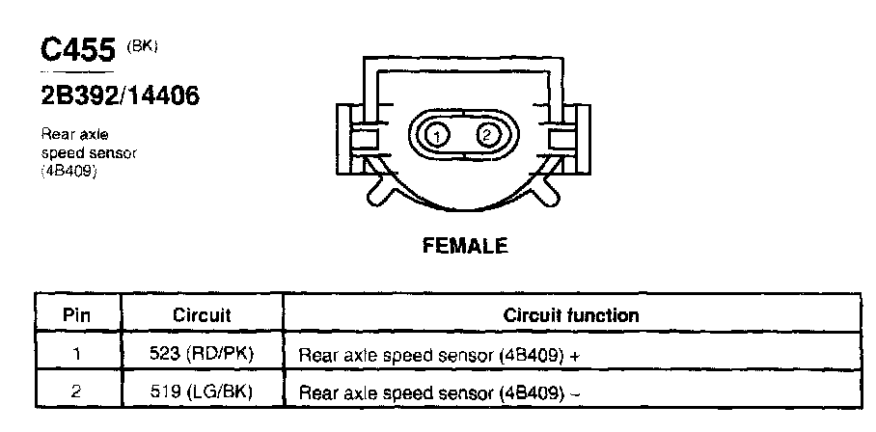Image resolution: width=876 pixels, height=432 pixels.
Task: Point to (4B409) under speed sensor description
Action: pos(70,171)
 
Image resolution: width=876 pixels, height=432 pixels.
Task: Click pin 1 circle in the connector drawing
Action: pos(438,135)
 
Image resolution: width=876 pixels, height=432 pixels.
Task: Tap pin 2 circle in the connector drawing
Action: pos(487,134)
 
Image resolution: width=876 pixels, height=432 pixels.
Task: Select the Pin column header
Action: pos(77,314)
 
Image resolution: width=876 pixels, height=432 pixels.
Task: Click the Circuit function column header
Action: pos(571,314)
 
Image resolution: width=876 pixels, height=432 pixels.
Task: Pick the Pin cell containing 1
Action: pos(77,353)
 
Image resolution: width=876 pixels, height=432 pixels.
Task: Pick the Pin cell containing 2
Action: pos(77,391)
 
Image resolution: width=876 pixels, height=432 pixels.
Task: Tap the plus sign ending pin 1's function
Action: pos(576,355)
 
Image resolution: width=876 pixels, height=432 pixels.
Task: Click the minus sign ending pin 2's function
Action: pos(576,393)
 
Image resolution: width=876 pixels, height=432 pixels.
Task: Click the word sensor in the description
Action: pos(113,153)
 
